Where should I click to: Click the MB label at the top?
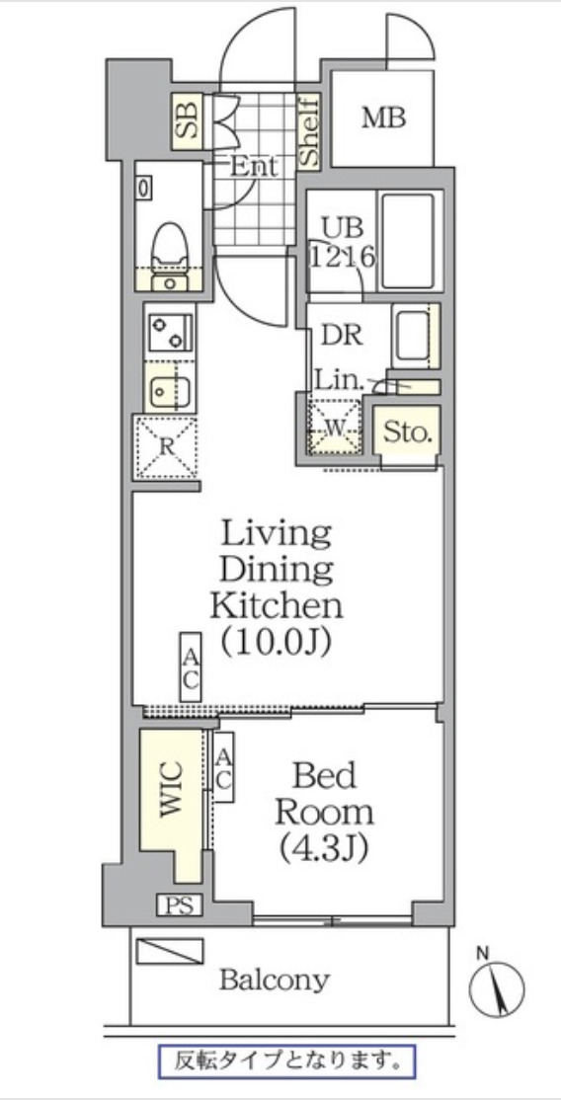383,118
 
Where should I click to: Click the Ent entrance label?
254,167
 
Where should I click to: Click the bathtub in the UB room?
407,241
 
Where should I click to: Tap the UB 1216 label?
343,242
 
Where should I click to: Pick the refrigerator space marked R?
166,446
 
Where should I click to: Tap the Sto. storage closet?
407,432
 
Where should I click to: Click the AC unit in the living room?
191,668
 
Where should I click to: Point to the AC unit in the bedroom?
223,767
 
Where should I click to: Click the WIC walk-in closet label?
171,788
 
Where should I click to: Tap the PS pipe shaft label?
179,904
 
